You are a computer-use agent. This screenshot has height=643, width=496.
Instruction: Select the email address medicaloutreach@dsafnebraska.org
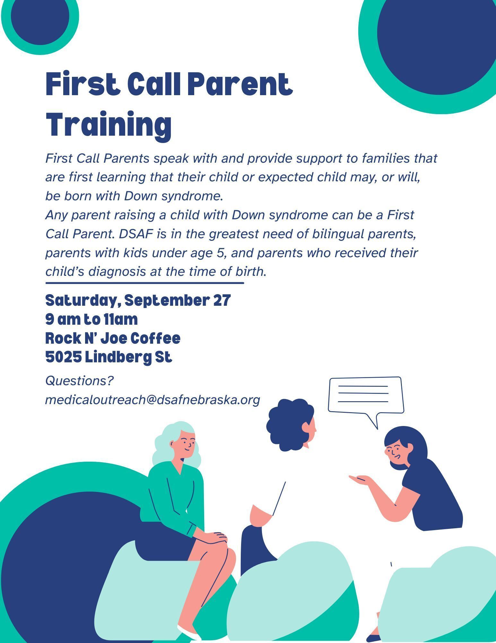click(x=152, y=400)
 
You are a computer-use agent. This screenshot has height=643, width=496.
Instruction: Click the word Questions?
click(x=80, y=381)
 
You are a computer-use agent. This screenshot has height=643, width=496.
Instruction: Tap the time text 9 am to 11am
click(x=91, y=320)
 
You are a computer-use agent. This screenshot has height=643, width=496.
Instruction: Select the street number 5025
click(x=64, y=357)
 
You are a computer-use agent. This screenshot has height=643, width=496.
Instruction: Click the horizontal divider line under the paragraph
click(x=145, y=283)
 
